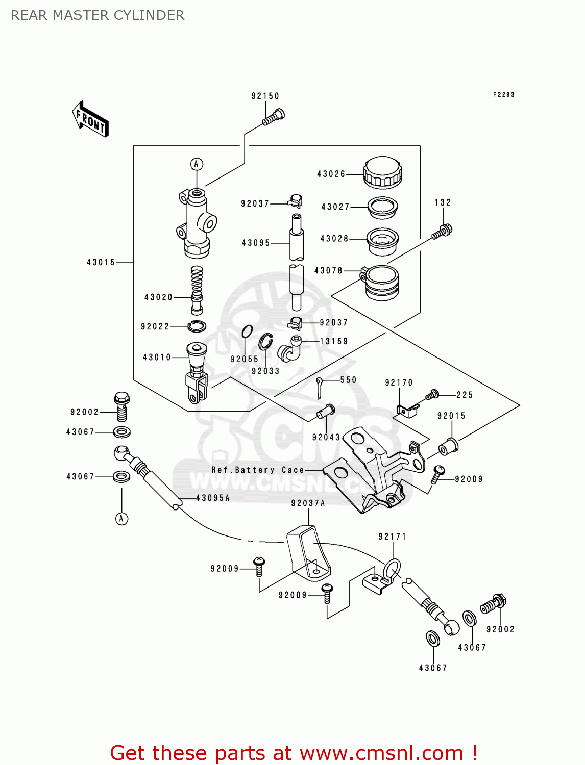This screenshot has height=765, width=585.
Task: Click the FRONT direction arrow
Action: (90, 119)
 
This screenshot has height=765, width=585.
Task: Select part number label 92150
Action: (265, 96)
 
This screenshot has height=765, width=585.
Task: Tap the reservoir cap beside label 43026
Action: (382, 172)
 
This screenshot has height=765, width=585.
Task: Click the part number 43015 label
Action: (101, 262)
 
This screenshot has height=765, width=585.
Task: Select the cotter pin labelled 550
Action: (319, 387)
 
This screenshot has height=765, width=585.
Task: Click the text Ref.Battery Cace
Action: (258, 470)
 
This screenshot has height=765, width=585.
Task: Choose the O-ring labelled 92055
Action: (247, 332)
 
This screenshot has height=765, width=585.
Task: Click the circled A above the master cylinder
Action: (197, 164)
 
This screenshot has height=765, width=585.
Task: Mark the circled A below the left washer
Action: (121, 519)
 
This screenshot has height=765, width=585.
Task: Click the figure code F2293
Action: (503, 94)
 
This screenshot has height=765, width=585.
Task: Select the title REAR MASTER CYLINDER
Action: (97, 15)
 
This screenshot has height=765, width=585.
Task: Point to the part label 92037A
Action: (308, 503)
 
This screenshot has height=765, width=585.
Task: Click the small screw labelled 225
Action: (433, 394)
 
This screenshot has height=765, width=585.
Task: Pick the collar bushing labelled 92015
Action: (449, 446)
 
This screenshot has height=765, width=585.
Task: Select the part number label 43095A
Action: (213, 498)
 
